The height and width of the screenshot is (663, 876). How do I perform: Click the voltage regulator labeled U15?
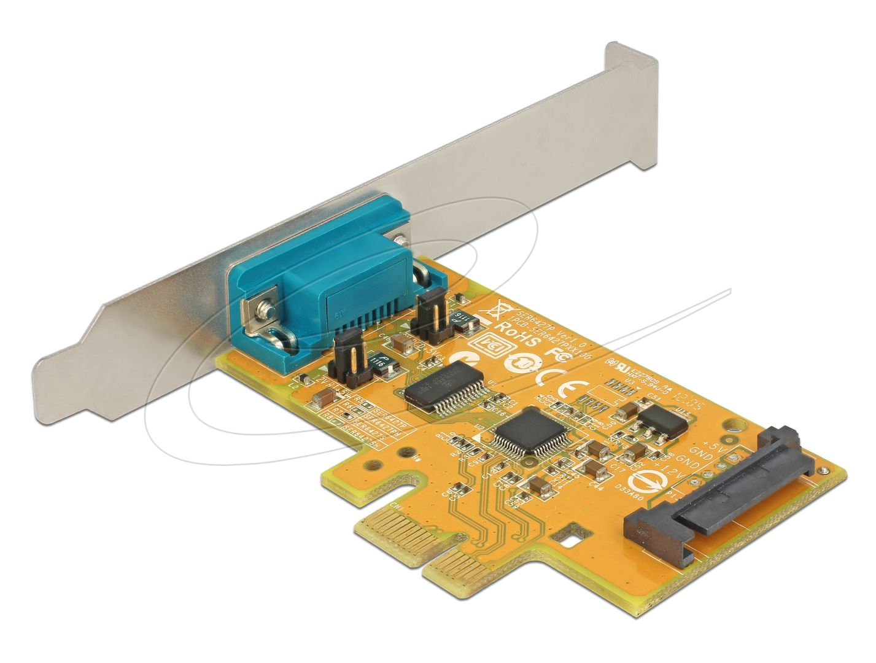tap(659, 423)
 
